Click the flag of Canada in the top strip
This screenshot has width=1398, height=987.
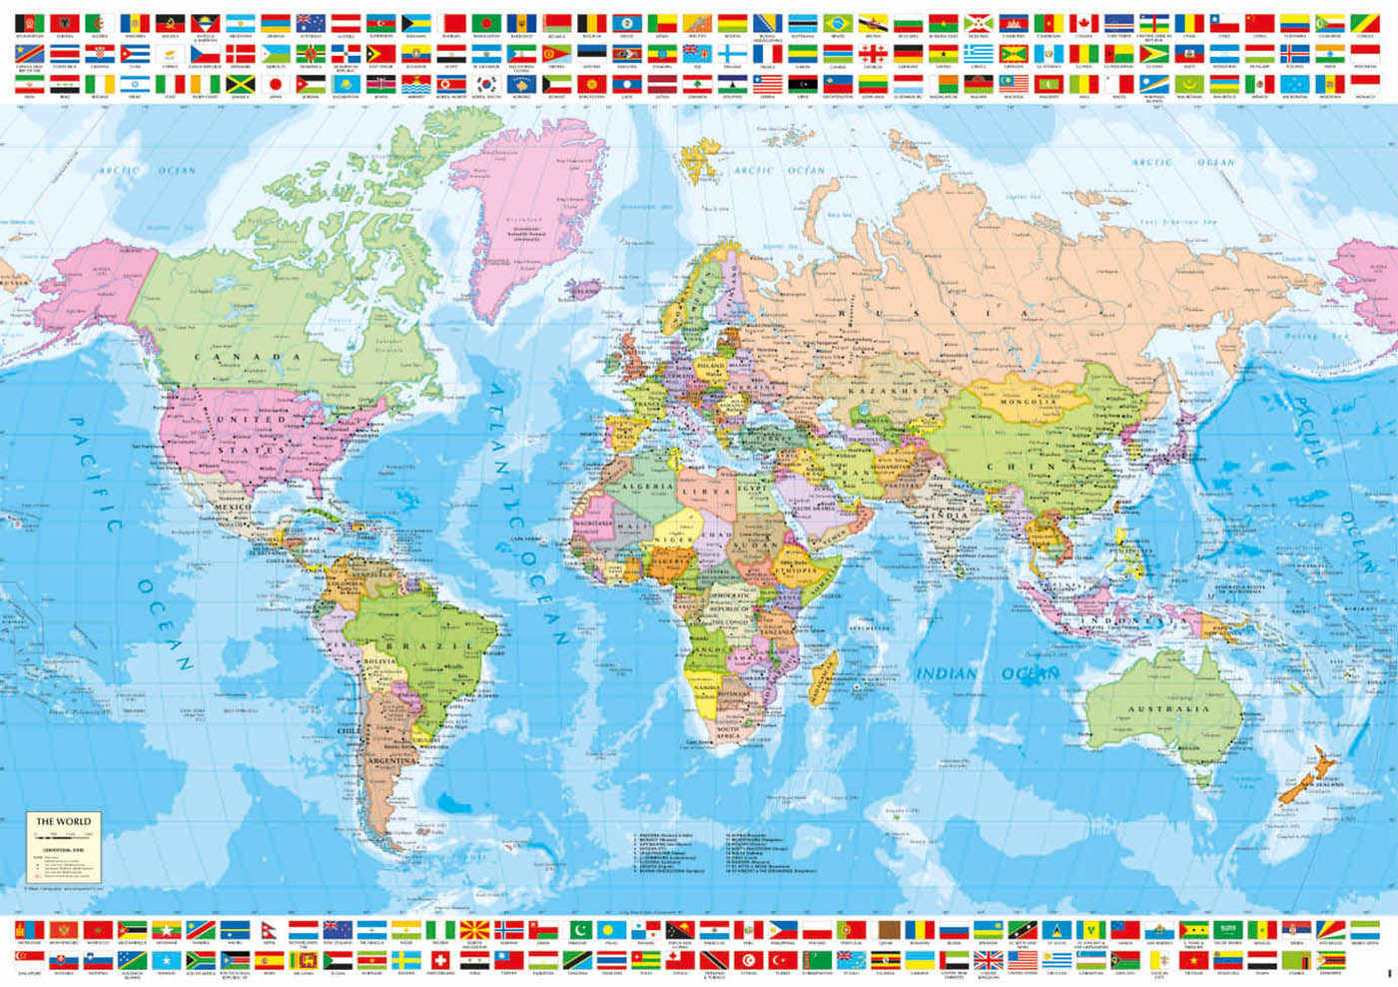pyautogui.click(x=1083, y=23)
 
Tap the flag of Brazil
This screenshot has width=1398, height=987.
pyautogui.click(x=838, y=23)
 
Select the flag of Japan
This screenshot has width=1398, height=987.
pyautogui.click(x=276, y=84)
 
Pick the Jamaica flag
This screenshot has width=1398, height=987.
pyautogui.click(x=241, y=84)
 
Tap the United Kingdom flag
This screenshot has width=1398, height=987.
pyautogui.click(x=989, y=960)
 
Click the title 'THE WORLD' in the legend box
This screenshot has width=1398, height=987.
pyautogui.click(x=63, y=821)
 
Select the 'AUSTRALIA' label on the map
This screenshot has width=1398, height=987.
pyautogui.click(x=1168, y=708)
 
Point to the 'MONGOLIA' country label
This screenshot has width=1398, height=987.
pyautogui.click(x=1026, y=402)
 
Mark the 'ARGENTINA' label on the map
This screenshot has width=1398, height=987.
pyautogui.click(x=391, y=761)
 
